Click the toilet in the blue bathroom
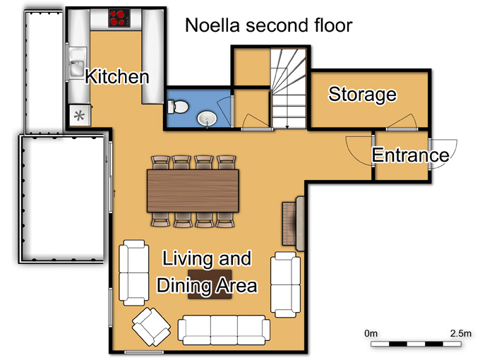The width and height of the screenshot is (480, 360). [x=178, y=107]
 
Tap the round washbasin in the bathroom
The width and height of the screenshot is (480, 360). [x=207, y=119]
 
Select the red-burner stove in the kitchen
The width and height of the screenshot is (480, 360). [x=119, y=18]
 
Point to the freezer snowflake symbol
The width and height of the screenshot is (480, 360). [x=80, y=116]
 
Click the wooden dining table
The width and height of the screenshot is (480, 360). [x=193, y=191]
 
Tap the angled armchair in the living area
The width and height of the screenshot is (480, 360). [x=151, y=327]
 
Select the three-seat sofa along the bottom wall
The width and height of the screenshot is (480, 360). [x=224, y=330]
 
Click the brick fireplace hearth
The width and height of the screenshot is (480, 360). [x=289, y=224]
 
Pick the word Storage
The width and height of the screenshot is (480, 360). [x=362, y=95]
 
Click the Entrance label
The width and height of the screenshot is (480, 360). [x=411, y=155]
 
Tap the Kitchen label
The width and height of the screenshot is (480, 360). [x=117, y=76]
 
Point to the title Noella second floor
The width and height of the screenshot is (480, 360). [x=269, y=25]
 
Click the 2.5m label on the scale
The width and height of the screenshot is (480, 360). [x=461, y=333]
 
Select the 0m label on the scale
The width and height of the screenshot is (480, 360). [x=371, y=333]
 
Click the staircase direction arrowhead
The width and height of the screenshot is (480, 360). [x=287, y=126]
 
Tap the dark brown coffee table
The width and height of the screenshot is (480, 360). [x=210, y=284]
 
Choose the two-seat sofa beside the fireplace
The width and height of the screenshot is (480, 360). [x=285, y=284]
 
